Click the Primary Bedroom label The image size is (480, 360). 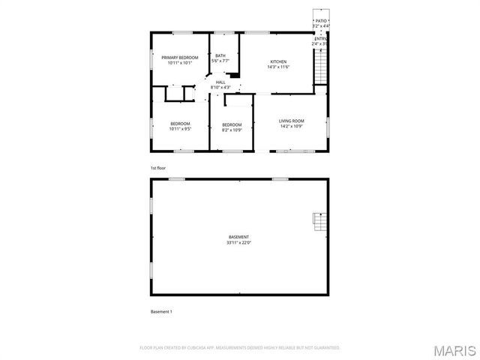[x=180, y=58]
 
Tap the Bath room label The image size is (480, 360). [x=220, y=55]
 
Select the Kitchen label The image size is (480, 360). [x=278, y=62]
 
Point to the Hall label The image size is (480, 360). [x=220, y=82]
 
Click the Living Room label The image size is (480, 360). [x=291, y=121]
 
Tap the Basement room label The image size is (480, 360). [x=239, y=237]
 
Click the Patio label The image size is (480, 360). [x=321, y=21]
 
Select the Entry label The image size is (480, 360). [x=321, y=38]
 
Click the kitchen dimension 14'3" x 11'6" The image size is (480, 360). [x=278, y=67]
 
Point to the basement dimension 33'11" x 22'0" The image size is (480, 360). [x=239, y=243]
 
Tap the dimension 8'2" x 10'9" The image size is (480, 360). [x=232, y=130]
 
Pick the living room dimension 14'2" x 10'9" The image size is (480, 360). [x=291, y=126]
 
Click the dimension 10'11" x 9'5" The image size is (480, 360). [x=180, y=129]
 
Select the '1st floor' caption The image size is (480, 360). [x=158, y=169]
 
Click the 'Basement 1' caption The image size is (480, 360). [x=162, y=311]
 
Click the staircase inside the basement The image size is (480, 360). [x=319, y=222]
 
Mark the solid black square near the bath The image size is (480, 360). [x=234, y=74]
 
